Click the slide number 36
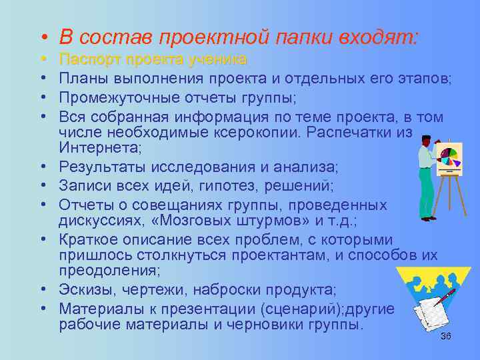[446, 336]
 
